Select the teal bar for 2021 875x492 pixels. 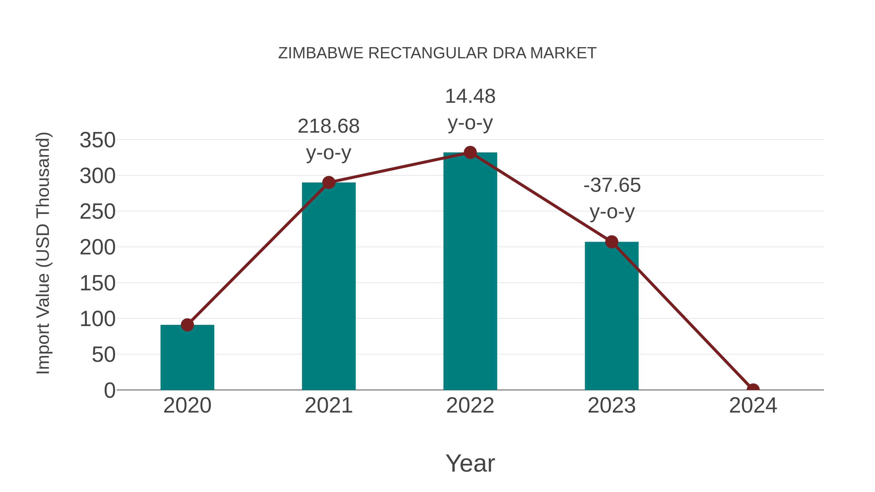click(x=328, y=289)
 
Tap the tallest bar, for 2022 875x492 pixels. click(x=470, y=272)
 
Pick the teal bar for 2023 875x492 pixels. click(x=612, y=318)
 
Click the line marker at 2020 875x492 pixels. click(x=187, y=325)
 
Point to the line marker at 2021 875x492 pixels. click(x=328, y=183)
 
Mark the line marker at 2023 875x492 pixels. click(x=612, y=242)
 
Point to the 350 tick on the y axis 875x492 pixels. click(x=97, y=140)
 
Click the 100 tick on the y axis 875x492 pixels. click(x=97, y=319)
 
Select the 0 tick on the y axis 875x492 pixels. click(x=109, y=390)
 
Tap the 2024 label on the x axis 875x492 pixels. click(x=753, y=406)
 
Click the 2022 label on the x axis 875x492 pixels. click(x=470, y=406)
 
